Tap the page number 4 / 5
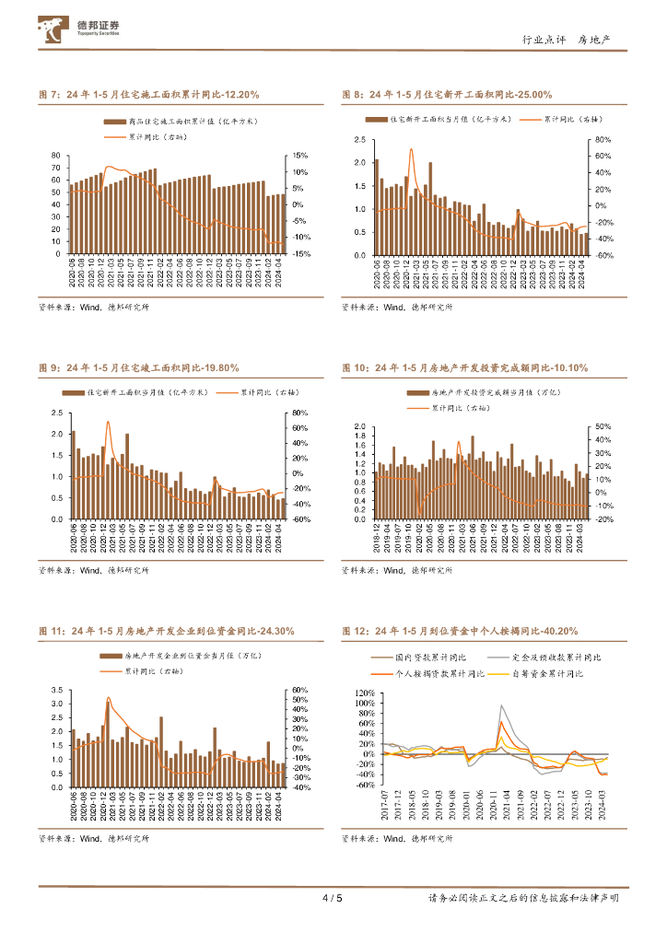coord(332,898)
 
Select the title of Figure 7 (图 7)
coord(148,95)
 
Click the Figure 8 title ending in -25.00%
coord(447,95)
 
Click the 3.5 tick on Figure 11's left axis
coord(56,690)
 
